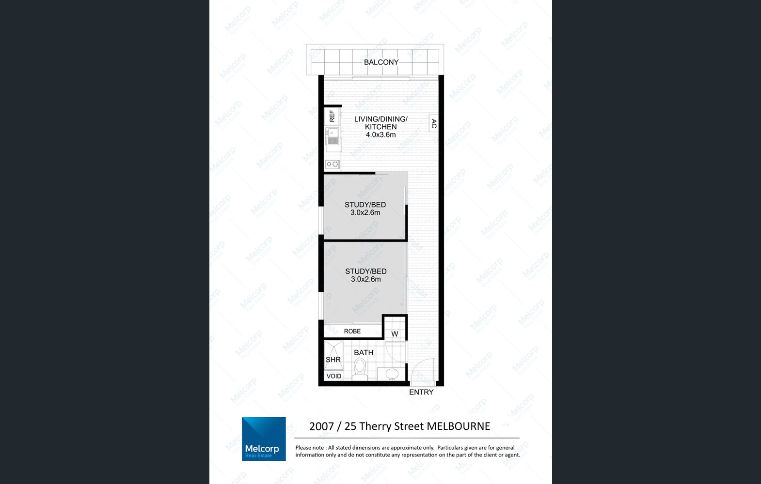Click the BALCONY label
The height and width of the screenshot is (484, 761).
[381, 62]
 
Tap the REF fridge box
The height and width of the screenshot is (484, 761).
[332, 116]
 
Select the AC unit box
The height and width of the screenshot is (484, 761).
[434, 123]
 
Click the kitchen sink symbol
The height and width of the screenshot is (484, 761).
[333, 136]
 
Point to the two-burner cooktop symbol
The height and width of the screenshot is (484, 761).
[332, 164]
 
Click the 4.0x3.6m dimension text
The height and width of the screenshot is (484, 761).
[380, 135]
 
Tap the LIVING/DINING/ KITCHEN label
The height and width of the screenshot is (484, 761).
[381, 123]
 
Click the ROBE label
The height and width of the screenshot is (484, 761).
[352, 331]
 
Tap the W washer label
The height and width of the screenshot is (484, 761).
[395, 334]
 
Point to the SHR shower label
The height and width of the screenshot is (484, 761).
[333, 360]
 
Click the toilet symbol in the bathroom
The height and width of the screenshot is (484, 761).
[360, 369]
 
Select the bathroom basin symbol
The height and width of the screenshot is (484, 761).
[392, 374]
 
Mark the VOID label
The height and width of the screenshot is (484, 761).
[333, 376]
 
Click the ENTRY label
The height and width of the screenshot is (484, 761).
[421, 392]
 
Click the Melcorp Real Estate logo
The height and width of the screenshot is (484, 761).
[264, 439]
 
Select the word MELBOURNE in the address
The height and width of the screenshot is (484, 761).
[459, 426]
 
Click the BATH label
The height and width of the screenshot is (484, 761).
[364, 353]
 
